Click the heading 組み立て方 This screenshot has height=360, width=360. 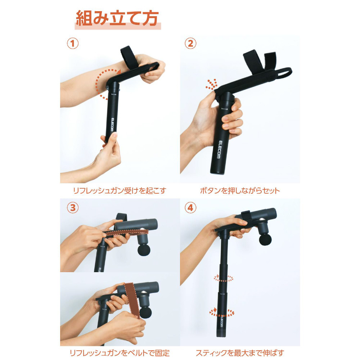coord(117,18)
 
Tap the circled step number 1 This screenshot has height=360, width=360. coord(73,44)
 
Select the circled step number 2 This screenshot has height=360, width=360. coord(190,44)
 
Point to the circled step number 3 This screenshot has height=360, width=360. coord(73,208)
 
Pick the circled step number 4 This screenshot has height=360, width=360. coord(190,208)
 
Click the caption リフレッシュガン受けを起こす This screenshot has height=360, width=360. coord(120,190)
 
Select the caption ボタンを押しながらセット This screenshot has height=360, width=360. coord(240,190)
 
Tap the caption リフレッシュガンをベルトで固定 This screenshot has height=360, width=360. coord(120,353)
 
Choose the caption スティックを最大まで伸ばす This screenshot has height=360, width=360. coord(240,353)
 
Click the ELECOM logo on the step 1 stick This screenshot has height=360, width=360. coord(112,125)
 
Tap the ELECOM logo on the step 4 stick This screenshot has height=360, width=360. coord(221,321)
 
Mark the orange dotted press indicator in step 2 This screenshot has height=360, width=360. coord(212,84)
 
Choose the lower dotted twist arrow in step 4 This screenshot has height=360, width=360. coord(221,312)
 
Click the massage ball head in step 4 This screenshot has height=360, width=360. coord(265,239)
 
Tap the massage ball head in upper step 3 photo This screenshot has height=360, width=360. coord(144,250)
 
